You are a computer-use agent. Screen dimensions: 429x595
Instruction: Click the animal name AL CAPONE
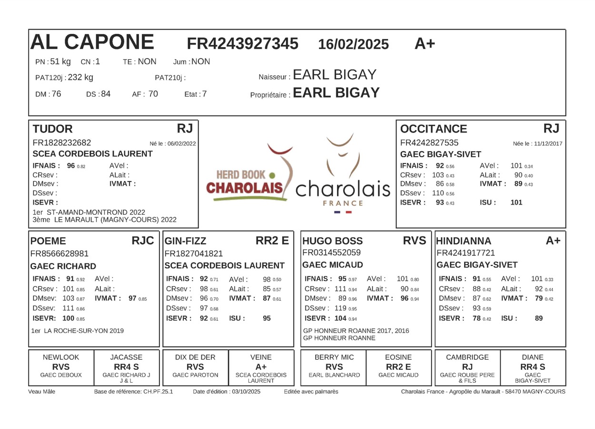click(92, 42)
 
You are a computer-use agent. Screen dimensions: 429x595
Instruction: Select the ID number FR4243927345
click(242, 44)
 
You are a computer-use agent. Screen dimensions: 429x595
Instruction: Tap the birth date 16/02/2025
click(353, 44)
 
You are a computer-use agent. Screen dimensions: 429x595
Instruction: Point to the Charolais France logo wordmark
click(343, 189)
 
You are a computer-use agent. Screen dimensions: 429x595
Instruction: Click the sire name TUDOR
click(52, 129)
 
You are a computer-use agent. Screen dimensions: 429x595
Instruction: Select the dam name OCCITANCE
click(433, 129)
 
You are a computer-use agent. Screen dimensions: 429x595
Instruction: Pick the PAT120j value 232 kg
click(80, 77)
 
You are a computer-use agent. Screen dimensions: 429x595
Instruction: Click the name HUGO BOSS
click(332, 241)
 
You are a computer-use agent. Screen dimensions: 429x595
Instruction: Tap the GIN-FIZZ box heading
click(185, 241)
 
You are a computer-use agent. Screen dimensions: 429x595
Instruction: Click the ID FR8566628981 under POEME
click(59, 254)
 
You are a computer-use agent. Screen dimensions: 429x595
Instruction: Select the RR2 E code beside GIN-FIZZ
click(272, 241)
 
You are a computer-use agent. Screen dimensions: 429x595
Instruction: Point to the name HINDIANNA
click(464, 241)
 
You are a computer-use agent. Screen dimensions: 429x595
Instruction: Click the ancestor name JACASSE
click(126, 357)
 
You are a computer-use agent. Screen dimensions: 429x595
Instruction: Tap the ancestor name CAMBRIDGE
click(467, 357)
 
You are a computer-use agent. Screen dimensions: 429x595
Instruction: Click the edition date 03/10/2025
click(246, 392)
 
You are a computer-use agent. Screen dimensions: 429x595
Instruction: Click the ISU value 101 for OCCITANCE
click(516, 202)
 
